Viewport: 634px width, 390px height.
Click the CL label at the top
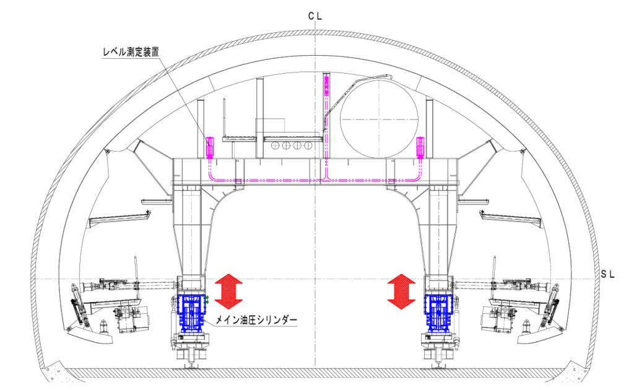[315, 16]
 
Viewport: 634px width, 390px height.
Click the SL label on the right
[607, 274]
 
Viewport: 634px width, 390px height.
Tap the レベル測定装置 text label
[131, 52]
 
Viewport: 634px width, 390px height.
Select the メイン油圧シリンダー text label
[256, 320]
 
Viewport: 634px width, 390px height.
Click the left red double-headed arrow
[228, 292]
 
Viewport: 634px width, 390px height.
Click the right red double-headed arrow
[401, 292]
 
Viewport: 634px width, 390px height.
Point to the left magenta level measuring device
[210, 147]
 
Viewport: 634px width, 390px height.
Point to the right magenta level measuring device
[420, 147]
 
